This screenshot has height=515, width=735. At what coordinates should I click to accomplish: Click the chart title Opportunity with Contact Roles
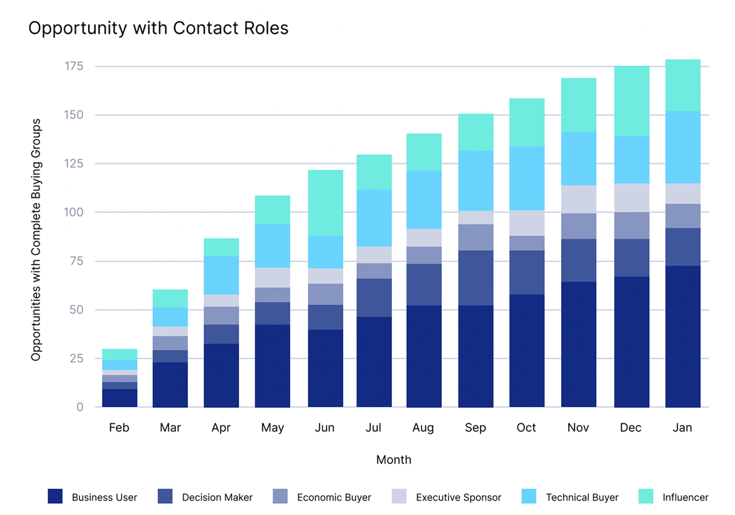point(158,28)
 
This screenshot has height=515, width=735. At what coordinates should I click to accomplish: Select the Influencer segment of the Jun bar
point(325,203)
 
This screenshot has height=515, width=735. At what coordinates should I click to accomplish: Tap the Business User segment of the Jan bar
point(683,336)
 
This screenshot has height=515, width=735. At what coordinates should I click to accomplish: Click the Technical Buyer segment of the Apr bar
point(221,275)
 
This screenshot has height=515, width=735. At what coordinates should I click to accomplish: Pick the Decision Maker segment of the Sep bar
point(476,278)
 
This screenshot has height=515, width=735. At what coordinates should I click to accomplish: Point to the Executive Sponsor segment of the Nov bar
point(578,199)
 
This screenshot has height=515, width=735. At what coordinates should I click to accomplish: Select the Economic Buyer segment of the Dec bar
point(631,225)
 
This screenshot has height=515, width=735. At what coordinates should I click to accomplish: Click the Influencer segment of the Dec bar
point(631,101)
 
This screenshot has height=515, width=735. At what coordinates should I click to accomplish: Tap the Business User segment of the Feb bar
point(120,398)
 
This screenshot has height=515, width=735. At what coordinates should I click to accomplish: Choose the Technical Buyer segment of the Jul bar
point(374,218)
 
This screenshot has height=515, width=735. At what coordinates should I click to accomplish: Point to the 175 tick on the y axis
point(73,66)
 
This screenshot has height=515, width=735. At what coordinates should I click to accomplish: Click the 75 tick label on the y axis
point(73,261)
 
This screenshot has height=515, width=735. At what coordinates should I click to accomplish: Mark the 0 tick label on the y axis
point(80,407)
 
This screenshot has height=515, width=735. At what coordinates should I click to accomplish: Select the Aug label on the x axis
point(423,428)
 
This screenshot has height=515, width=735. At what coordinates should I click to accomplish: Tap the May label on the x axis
point(272,428)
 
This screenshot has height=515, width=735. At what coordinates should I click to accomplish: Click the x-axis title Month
point(394,460)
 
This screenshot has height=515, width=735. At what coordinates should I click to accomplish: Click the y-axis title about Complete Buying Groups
point(35,240)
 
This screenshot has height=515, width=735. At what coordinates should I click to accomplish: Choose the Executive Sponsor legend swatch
point(399,496)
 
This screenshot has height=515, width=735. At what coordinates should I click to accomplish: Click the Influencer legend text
point(685,497)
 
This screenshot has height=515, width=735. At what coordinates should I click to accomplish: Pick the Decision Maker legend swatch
point(165,496)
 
